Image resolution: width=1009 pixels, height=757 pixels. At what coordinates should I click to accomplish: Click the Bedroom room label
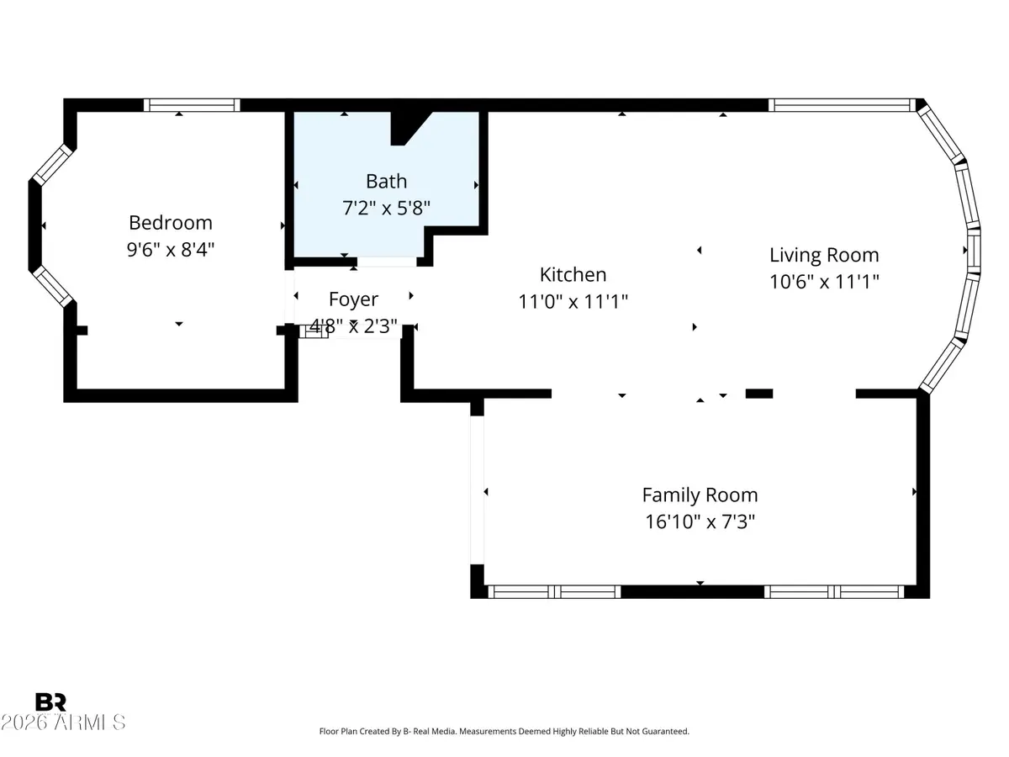171,223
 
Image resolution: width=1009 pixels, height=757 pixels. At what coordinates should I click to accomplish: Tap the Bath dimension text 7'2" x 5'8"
386,209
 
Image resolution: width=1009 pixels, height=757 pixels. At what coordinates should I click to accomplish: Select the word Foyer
353,299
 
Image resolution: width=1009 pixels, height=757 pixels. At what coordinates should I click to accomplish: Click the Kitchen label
573,274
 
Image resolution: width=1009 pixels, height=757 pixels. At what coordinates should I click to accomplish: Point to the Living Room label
824,255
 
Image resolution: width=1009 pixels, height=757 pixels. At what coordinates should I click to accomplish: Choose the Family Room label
700,495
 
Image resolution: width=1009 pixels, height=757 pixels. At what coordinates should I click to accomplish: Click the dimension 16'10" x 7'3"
700,521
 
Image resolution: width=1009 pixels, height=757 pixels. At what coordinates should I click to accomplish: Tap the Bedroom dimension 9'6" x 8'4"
171,249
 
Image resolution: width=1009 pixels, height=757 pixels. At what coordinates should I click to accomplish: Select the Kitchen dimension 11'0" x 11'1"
573,301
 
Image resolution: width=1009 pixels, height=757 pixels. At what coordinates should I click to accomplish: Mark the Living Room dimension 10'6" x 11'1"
824,281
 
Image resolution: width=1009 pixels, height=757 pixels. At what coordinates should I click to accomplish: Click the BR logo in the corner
50,702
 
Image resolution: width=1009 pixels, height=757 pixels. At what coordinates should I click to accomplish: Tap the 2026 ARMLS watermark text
63,723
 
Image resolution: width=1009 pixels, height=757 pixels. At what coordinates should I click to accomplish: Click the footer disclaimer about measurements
504,732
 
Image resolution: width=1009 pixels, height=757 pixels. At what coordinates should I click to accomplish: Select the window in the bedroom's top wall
192,105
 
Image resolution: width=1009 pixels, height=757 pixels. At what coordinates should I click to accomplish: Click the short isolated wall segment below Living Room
759,393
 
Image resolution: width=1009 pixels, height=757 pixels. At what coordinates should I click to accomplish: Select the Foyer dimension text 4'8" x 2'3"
353,326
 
